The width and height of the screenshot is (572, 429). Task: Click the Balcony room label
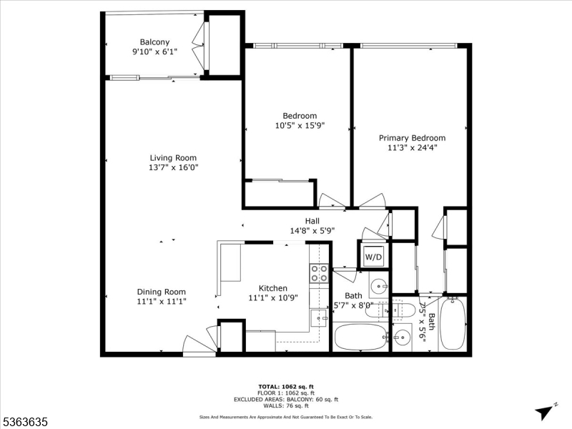tap(155, 42)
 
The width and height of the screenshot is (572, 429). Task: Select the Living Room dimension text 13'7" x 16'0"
tap(172, 168)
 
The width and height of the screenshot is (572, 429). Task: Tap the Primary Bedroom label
tap(412, 138)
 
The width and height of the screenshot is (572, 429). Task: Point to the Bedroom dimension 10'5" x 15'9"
tap(300, 126)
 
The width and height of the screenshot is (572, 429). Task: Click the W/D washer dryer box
tap(374, 256)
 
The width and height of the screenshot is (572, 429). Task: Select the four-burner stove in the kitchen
tap(319, 273)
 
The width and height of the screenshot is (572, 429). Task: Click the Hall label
tap(312, 221)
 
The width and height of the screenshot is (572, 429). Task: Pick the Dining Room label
tap(162, 292)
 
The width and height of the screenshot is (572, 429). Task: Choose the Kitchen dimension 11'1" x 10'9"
tap(273, 298)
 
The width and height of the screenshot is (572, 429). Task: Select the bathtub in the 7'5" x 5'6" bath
tap(453, 324)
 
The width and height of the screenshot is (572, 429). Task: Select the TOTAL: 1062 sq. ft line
tap(285, 386)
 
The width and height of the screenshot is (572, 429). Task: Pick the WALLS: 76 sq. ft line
tap(285, 405)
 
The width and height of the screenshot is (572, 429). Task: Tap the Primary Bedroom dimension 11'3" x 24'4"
tap(412, 148)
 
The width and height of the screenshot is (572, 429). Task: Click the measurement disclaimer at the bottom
tap(285, 416)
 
